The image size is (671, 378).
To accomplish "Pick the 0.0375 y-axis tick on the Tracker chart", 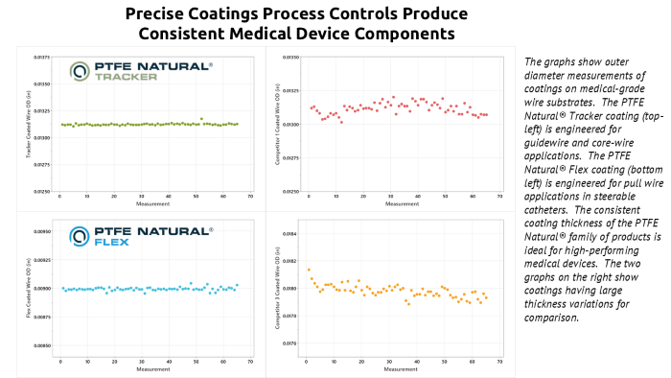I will tap(42, 58).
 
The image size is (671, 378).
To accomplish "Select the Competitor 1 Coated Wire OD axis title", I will tap(276, 125).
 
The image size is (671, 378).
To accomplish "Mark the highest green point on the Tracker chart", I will tap(201, 119).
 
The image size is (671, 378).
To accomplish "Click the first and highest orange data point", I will tap(309, 270).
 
